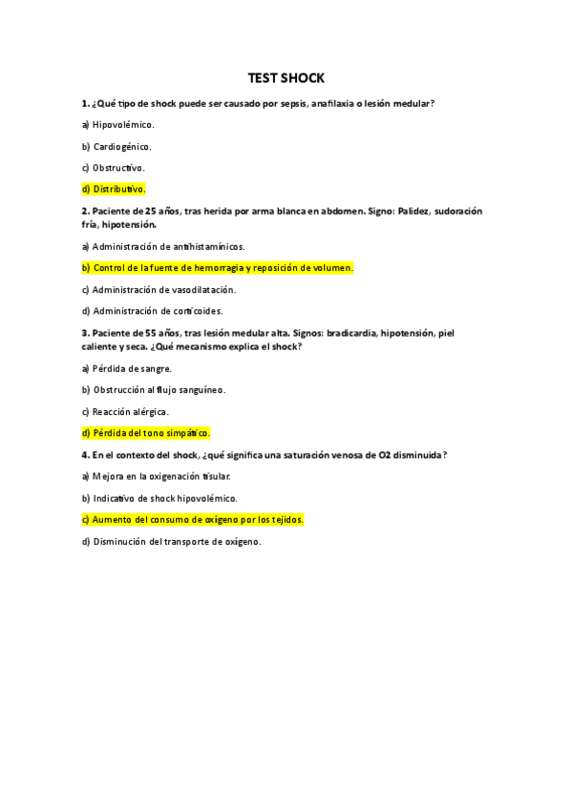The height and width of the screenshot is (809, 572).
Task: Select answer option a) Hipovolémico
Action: [118, 124]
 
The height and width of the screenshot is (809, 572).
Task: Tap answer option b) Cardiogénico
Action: [117, 146]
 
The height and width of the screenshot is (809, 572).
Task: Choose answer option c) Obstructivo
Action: [114, 168]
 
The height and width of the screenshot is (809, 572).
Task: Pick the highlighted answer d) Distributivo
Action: [114, 189]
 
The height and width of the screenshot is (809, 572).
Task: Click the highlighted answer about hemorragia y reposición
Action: [218, 268]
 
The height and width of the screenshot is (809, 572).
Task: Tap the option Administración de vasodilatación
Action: [159, 289]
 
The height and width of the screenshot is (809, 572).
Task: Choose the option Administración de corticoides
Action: [153, 311]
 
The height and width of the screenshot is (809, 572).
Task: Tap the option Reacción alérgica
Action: [125, 411]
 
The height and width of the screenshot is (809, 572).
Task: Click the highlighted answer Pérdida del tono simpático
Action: [146, 433]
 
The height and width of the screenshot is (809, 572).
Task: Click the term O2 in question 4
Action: [387, 455]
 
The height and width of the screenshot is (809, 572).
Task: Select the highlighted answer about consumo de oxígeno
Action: [193, 520]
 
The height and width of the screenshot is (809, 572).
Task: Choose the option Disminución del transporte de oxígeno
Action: [171, 542]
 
